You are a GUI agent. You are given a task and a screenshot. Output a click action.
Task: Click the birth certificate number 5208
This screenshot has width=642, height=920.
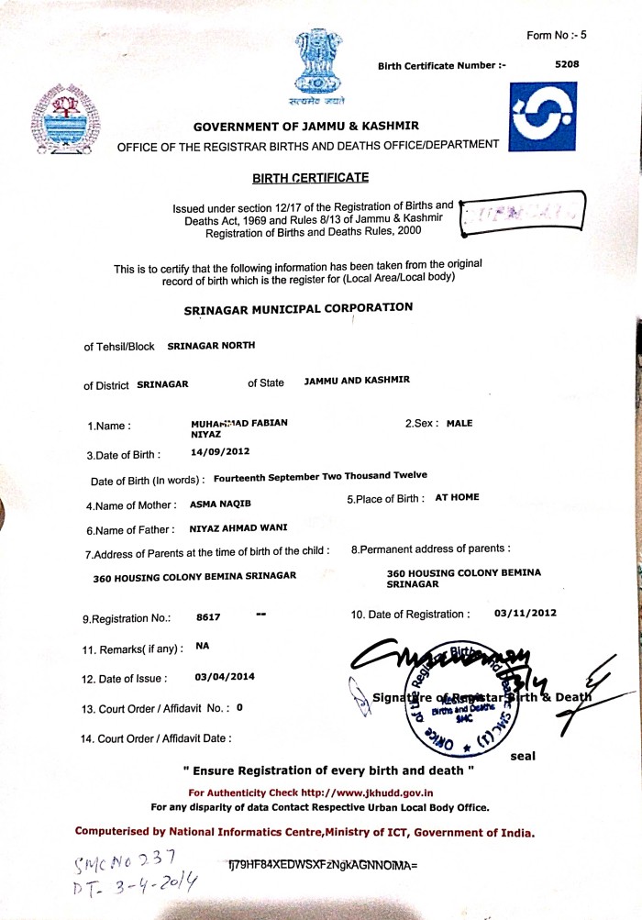[x=568, y=64]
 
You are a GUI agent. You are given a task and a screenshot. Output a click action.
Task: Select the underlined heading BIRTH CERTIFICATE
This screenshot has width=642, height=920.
[x=298, y=176]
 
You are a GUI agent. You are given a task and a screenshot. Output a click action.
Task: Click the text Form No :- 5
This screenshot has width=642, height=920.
[x=556, y=35]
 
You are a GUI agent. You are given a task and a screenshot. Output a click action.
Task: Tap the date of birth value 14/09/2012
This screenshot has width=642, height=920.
[x=220, y=451]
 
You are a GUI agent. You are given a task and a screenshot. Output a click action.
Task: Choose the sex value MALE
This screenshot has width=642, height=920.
[x=459, y=424]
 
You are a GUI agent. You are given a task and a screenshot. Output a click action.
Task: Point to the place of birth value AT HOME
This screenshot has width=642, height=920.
[x=458, y=497]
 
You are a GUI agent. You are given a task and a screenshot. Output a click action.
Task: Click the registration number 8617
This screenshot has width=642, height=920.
[x=208, y=617]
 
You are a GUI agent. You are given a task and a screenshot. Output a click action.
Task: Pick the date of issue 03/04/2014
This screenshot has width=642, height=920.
[x=226, y=677]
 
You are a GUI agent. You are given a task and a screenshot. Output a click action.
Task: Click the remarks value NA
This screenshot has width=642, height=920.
[x=203, y=646]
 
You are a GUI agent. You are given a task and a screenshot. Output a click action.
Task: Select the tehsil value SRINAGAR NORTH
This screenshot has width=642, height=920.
[x=211, y=346]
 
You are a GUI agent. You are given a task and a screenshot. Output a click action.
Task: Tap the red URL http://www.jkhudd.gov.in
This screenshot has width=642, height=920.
[x=367, y=793]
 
